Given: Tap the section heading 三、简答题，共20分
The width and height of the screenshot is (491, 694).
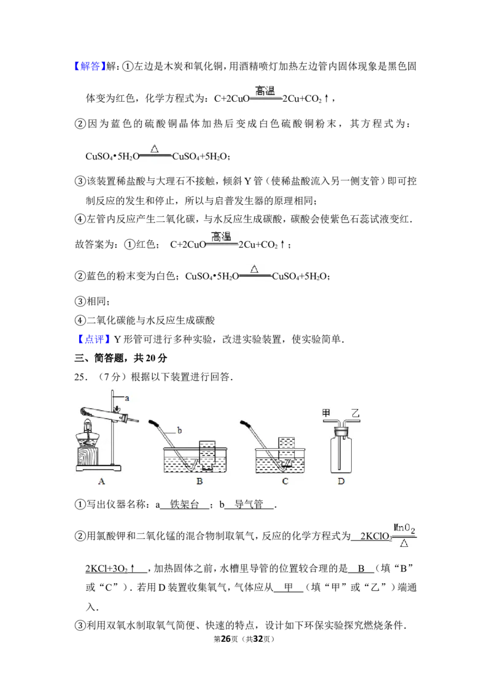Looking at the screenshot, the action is click(x=120, y=358).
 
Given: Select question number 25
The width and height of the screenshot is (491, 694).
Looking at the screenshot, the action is click(x=80, y=377).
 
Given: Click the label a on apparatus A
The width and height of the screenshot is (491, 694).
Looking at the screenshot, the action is click(x=126, y=398).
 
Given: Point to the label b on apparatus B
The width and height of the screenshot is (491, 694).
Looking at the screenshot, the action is click(x=179, y=430).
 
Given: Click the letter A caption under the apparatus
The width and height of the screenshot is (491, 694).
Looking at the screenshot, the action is click(x=101, y=481).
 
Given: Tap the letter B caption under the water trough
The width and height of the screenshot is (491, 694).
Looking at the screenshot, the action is click(x=199, y=481).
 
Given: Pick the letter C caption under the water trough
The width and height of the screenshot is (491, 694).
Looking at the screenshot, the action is click(x=285, y=481).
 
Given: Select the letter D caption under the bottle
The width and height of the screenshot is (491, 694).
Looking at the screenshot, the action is click(x=341, y=481).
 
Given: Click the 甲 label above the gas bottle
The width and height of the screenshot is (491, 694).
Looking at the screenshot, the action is click(x=326, y=413).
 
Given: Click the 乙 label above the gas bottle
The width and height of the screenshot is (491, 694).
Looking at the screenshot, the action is click(x=355, y=413).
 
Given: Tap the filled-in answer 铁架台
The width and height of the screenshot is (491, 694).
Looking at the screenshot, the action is click(x=184, y=504).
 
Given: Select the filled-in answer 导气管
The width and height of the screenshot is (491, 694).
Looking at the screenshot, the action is click(x=249, y=504).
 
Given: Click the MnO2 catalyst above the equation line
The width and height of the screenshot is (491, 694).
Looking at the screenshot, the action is click(x=404, y=528).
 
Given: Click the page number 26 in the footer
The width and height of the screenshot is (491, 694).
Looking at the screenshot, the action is click(x=226, y=639).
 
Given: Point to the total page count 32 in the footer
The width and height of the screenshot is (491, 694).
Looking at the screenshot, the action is click(x=258, y=639).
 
